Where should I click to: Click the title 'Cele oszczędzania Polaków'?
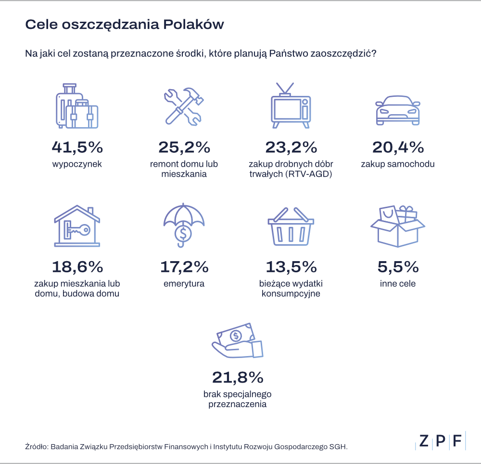pos(124,25)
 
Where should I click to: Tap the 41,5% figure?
pos(77,146)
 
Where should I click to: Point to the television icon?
pos(290,107)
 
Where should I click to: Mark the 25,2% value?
pos(184,146)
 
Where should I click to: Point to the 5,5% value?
pos(397,266)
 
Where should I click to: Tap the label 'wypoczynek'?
pos(77,164)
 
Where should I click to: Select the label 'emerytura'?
pos(184,284)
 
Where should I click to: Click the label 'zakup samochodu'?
pos(397,164)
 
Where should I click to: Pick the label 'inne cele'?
pos(397,284)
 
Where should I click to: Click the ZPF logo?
pos(441,440)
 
